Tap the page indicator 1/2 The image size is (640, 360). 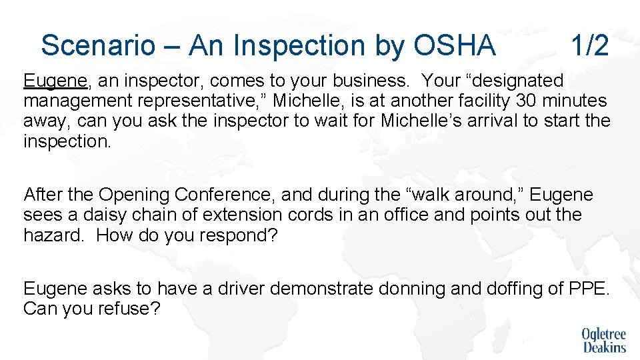pos(589,45)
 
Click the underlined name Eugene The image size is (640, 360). pos(55,81)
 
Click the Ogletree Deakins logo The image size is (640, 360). pos(604,340)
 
